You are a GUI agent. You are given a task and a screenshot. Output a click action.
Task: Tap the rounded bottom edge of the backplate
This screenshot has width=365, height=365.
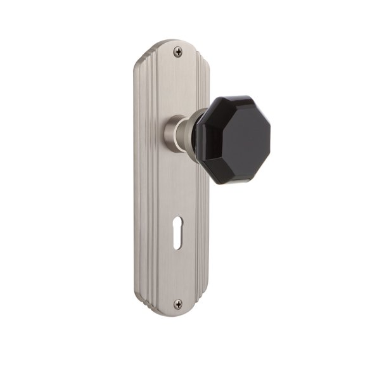click(x=174, y=314)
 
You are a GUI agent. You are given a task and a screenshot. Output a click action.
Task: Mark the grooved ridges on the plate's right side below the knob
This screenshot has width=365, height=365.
click(x=205, y=241)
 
